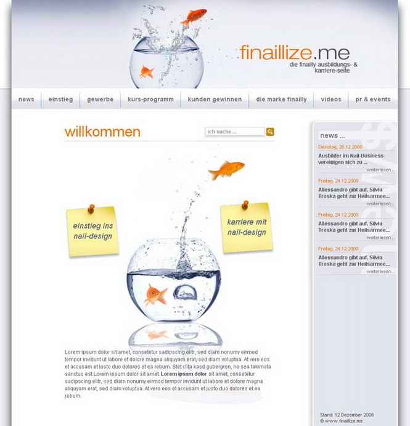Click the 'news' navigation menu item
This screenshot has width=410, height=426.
tap(27, 99)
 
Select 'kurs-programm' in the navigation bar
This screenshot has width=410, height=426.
tap(150, 99)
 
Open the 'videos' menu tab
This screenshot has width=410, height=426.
tap(331, 99)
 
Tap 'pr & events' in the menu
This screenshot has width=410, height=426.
tap(373, 99)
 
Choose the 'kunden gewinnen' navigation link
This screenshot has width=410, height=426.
tap(215, 99)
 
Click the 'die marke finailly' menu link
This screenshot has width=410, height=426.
tap(281, 99)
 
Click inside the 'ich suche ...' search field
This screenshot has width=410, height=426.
tap(235, 132)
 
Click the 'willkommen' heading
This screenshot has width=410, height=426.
tap(102, 132)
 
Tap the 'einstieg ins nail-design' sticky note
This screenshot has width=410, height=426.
tap(93, 232)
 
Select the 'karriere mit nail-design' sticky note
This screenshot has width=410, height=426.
tap(247, 228)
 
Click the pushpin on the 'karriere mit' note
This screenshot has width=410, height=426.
tap(245, 204)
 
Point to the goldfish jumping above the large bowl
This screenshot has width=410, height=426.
tap(226, 170)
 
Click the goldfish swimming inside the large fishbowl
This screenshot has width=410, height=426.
tap(155, 294)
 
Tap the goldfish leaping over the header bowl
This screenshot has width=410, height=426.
tap(193, 18)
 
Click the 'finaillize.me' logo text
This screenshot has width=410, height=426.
tap(295, 52)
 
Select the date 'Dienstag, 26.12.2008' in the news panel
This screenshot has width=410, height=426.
tap(340, 147)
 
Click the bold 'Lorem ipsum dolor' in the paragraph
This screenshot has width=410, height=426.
tap(184, 374)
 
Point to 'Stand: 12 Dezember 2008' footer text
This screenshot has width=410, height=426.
tap(346, 415)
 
